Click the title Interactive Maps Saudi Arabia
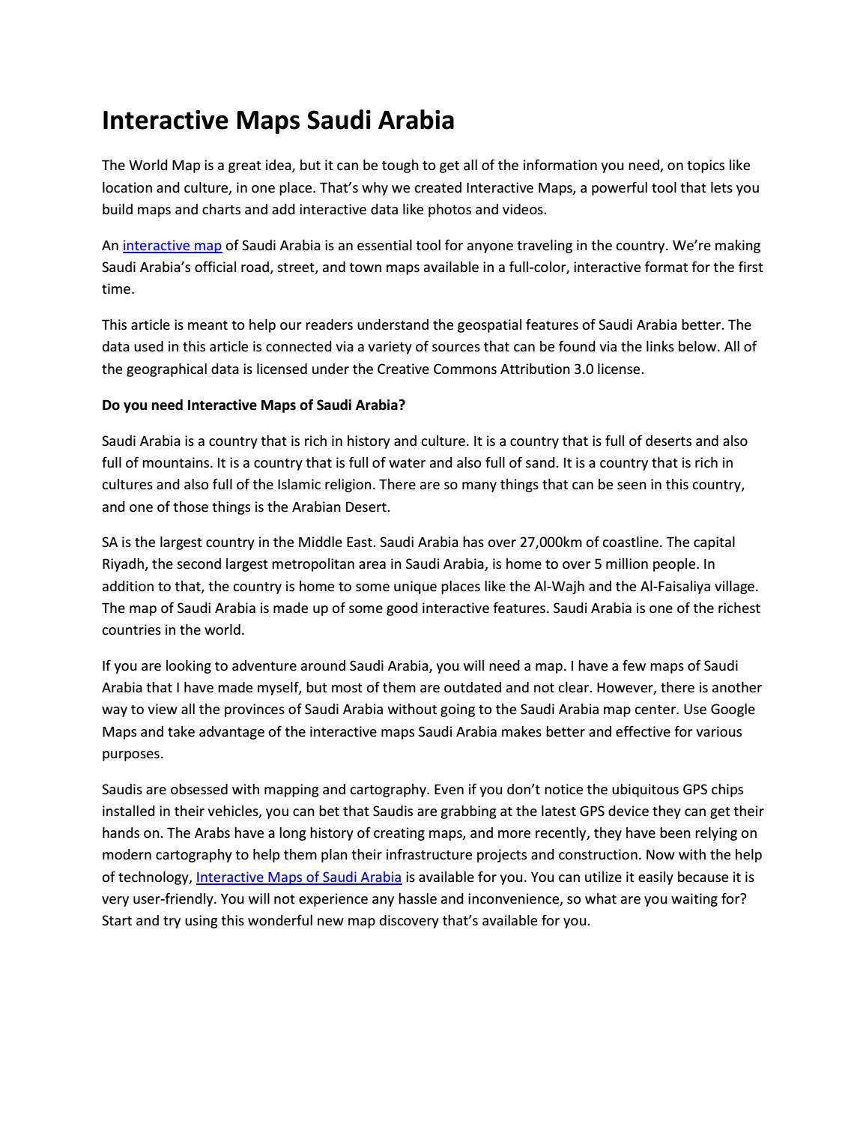pyautogui.click(x=278, y=120)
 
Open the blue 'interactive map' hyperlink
pyautogui.click(x=172, y=246)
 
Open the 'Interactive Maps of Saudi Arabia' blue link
pyautogui.click(x=298, y=877)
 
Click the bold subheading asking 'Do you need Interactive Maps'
pyautogui.click(x=253, y=405)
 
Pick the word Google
pyautogui.click(x=732, y=709)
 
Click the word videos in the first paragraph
pyautogui.click(x=523, y=209)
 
